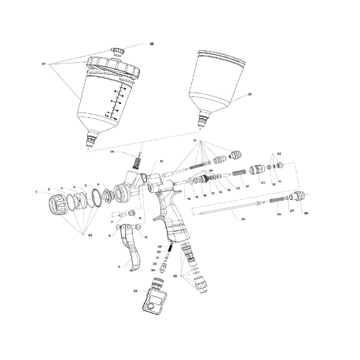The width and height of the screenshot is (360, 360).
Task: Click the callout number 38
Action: [151, 44]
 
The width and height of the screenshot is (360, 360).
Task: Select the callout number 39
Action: [250, 94]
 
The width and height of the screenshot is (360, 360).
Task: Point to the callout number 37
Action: [43, 64]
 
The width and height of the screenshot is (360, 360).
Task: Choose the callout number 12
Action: [161, 161]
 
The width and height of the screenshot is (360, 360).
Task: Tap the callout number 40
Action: [90, 235]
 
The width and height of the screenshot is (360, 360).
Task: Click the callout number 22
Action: [279, 154]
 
